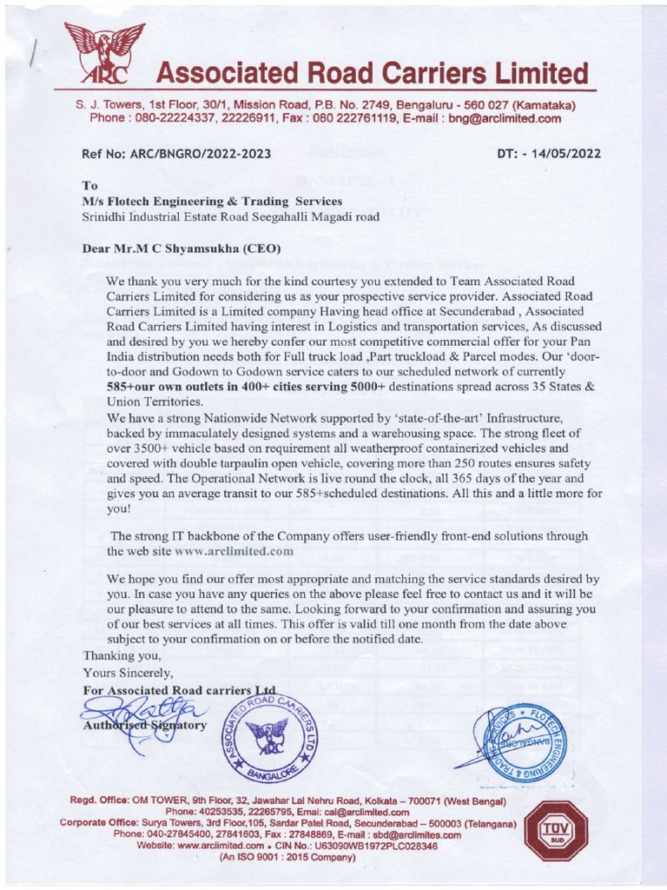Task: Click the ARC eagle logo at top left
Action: tap(103, 53)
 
